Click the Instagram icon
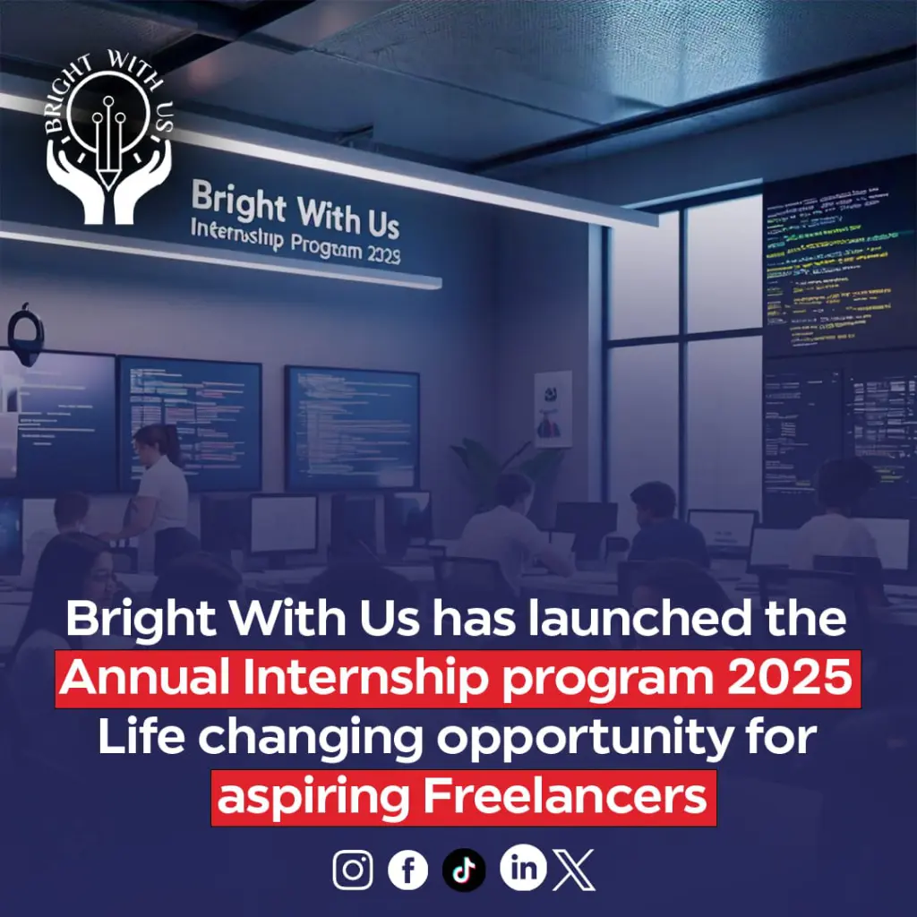(x=353, y=870)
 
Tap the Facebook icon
(x=407, y=870)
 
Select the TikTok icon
(x=464, y=870)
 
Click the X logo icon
(x=574, y=870)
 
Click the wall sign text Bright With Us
(x=296, y=210)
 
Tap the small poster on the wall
(x=553, y=408)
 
